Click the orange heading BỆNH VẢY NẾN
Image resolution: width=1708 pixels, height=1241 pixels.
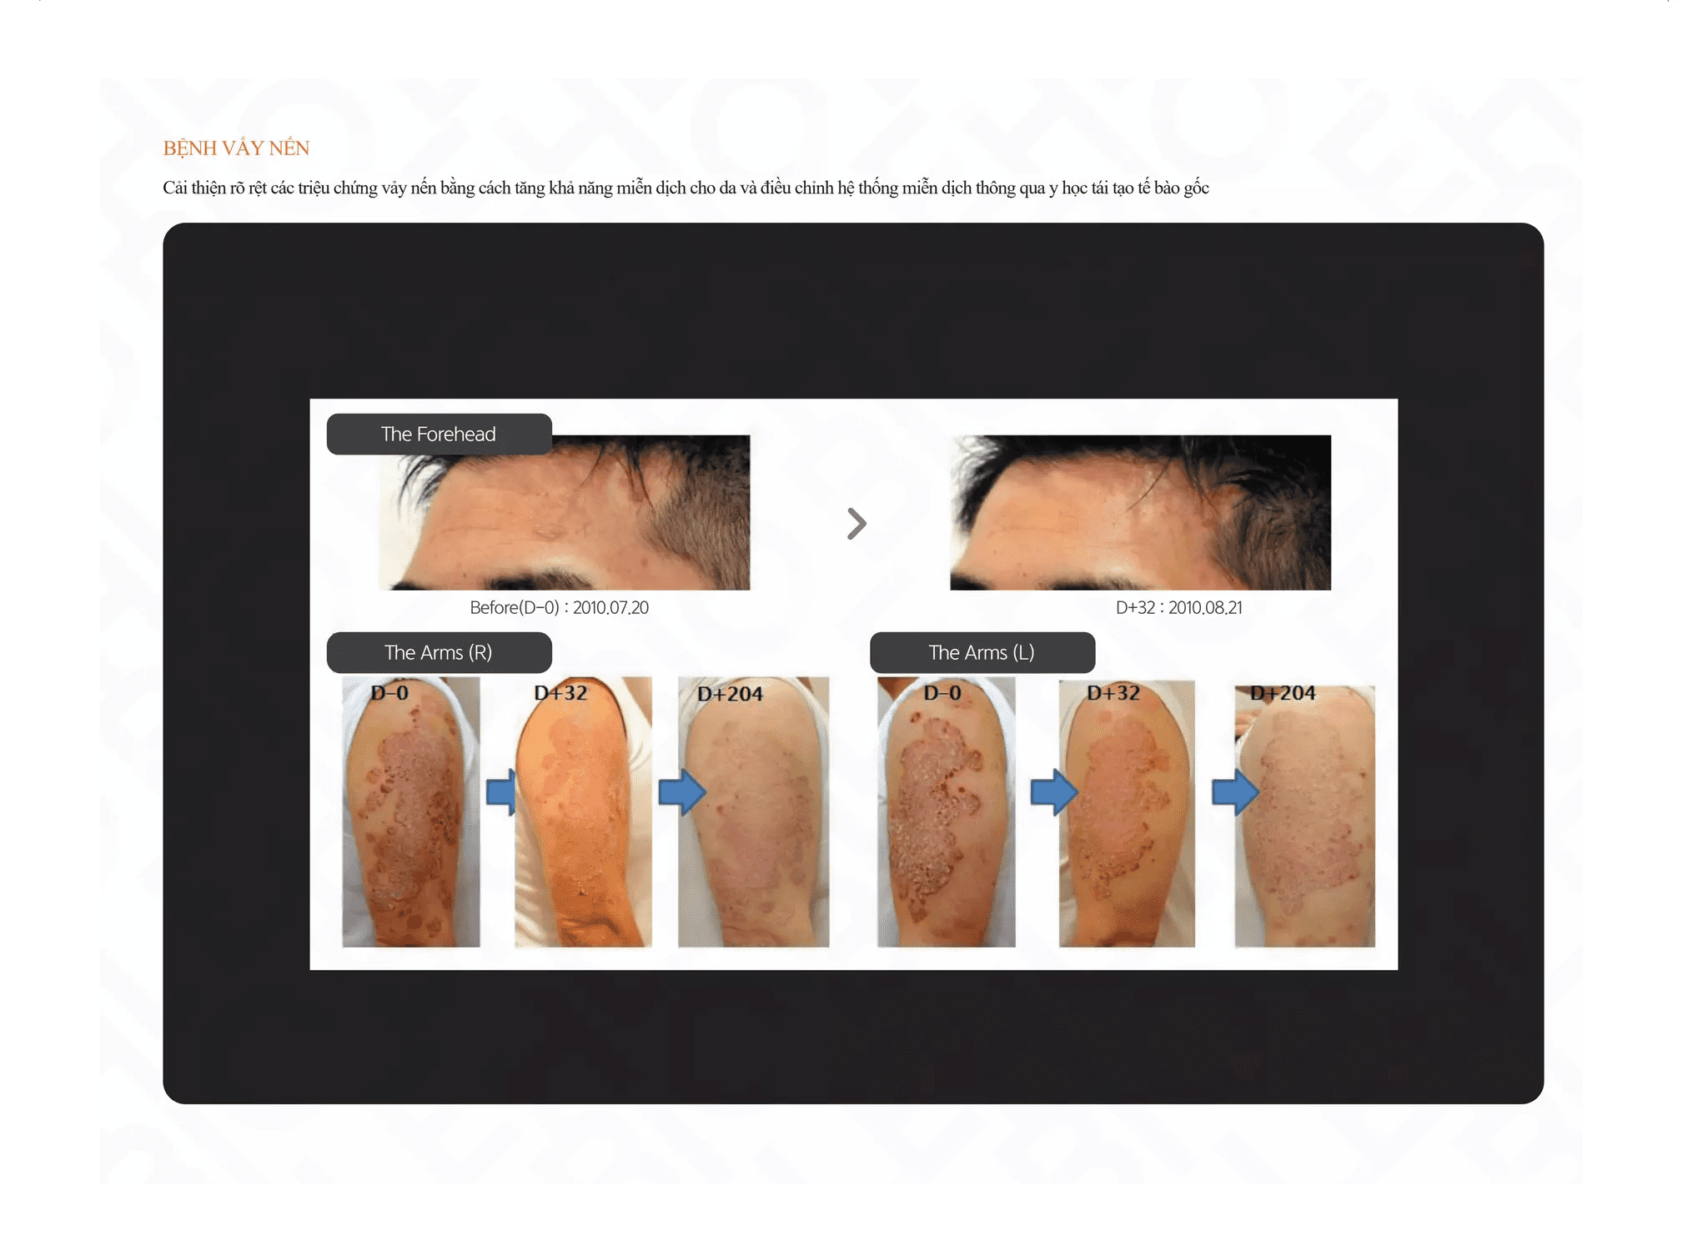point(236,148)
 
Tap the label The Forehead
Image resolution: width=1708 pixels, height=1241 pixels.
point(439,434)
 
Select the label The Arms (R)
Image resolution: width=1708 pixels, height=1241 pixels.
point(439,652)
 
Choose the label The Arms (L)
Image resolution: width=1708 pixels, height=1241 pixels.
point(982,652)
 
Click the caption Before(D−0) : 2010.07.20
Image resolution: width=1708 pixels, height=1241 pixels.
point(559,608)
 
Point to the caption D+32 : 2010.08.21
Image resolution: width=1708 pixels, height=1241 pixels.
point(1178,608)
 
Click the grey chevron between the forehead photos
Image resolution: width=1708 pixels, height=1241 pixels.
point(857,524)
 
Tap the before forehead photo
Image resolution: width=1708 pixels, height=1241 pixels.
point(565,512)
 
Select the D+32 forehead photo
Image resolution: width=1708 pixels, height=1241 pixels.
point(1140,512)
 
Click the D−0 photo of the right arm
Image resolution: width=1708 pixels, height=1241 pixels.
point(411,811)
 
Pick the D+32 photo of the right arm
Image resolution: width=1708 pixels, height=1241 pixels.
point(583,811)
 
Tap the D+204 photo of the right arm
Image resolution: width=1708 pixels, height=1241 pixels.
point(753,811)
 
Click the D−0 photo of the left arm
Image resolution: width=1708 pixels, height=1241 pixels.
point(946,811)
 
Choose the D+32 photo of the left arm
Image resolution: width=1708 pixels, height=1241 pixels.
point(1127,813)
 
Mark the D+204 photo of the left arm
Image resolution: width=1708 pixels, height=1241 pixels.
point(1304,816)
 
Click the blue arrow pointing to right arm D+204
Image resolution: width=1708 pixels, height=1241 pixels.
point(682,791)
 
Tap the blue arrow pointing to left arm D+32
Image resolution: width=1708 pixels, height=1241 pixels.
point(1054,791)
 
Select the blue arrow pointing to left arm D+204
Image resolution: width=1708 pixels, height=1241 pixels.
point(1235,791)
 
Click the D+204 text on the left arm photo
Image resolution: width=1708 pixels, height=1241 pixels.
point(1283,693)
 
